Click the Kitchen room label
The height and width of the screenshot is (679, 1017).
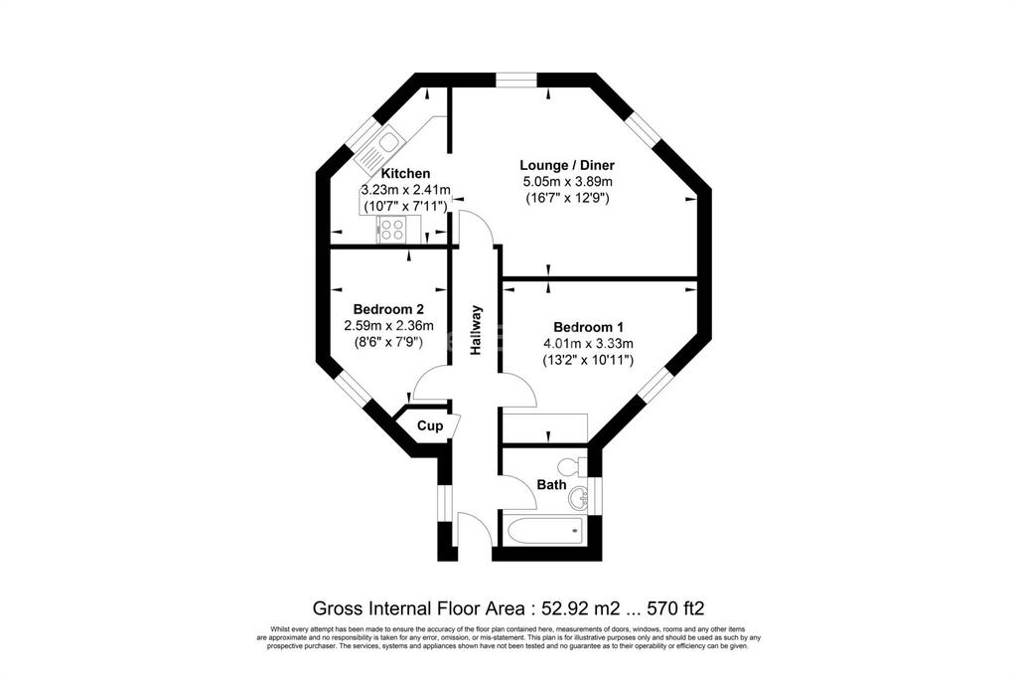pyautogui.click(x=405, y=173)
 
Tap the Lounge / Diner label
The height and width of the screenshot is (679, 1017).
pyautogui.click(x=567, y=165)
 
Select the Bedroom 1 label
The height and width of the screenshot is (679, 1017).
pyautogui.click(x=588, y=326)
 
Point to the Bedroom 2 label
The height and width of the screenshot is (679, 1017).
pyautogui.click(x=388, y=309)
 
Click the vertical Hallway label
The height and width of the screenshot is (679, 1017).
pyautogui.click(x=477, y=330)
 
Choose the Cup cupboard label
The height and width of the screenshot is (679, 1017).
pyautogui.click(x=430, y=425)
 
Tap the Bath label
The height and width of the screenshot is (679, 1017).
pyautogui.click(x=551, y=484)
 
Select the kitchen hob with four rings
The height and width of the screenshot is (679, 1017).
pyautogui.click(x=392, y=229)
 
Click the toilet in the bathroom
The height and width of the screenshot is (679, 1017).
pyautogui.click(x=571, y=466)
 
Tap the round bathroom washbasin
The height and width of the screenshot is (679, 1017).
pyautogui.click(x=578, y=498)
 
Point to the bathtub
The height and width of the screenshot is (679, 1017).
pyautogui.click(x=546, y=532)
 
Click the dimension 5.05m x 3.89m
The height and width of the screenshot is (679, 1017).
pyautogui.click(x=567, y=182)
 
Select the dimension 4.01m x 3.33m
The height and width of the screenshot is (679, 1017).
pyautogui.click(x=588, y=343)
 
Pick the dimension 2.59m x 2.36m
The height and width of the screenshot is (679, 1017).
pyautogui.click(x=388, y=325)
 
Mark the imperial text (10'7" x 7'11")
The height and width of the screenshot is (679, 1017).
pyautogui.click(x=405, y=207)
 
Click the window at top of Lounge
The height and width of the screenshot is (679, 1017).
pyautogui.click(x=517, y=80)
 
